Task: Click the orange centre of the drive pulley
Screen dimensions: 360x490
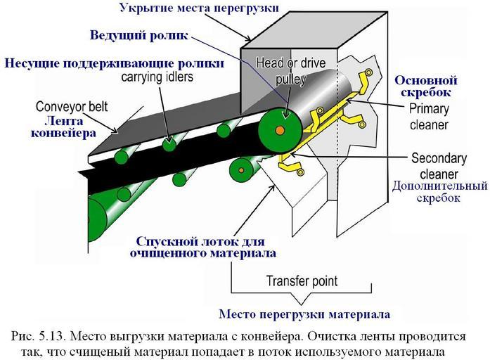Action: (x=280, y=131)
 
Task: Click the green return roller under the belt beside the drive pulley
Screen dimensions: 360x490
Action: (x=243, y=169)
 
